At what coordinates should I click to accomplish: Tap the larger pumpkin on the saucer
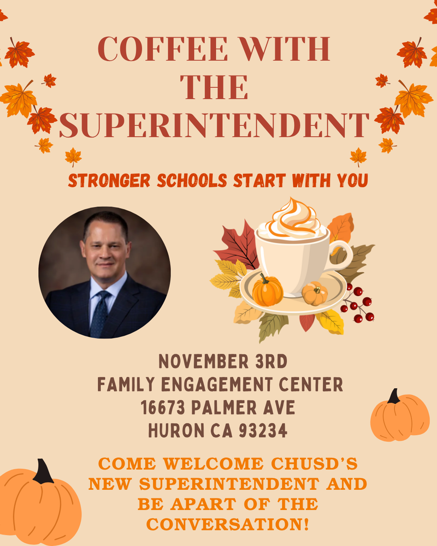click(x=268, y=290)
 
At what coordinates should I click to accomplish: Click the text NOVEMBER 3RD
click(x=222, y=361)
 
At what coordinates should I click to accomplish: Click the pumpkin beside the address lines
click(x=399, y=418)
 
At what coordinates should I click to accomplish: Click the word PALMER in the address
click(x=231, y=407)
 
